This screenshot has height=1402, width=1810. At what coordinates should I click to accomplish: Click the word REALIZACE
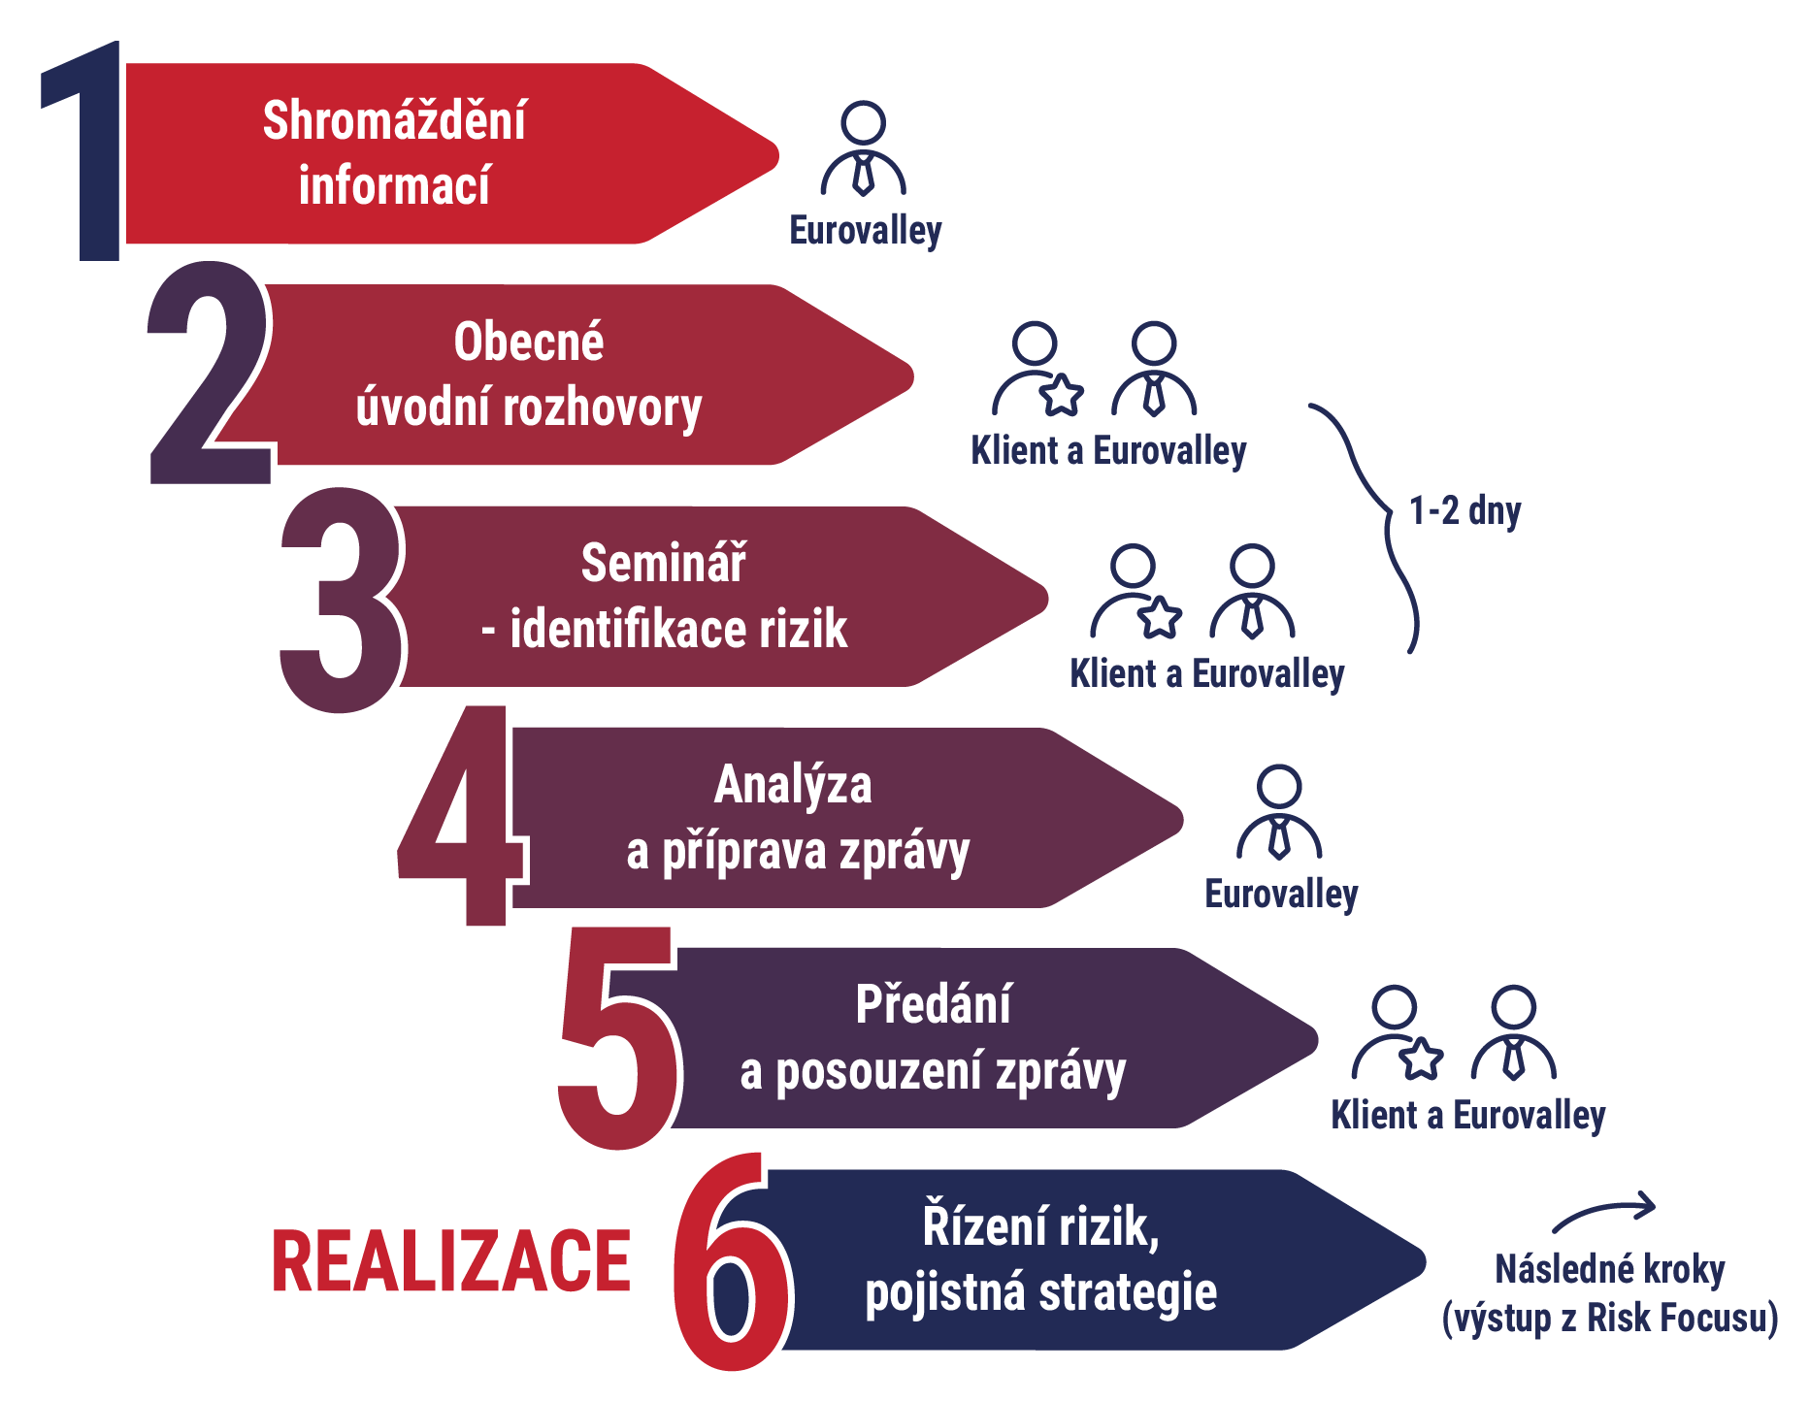coord(451,1261)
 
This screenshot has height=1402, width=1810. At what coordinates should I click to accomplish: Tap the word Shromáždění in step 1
coord(394,121)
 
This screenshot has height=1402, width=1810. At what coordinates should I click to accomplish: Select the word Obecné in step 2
coord(529,342)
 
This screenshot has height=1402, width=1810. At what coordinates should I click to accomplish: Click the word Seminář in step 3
coord(664,564)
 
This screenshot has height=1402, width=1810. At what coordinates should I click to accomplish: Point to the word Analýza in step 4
coord(793,785)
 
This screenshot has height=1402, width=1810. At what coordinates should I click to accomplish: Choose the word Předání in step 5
coord(934,1005)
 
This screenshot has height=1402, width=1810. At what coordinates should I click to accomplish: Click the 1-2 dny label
coord(1464,510)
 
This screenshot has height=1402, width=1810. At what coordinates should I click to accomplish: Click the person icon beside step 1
coord(863,150)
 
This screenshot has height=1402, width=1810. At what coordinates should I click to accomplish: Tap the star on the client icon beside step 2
coord(1062,395)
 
